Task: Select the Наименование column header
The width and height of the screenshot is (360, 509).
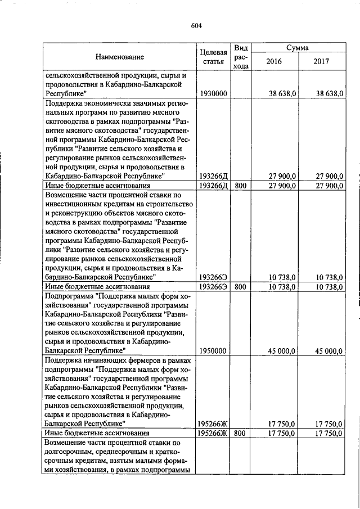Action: (x=119, y=56)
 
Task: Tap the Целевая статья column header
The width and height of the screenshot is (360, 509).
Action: (x=213, y=56)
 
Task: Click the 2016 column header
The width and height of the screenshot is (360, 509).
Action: (x=273, y=61)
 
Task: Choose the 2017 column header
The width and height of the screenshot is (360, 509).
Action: (x=321, y=61)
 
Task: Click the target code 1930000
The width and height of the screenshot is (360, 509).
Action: (x=213, y=93)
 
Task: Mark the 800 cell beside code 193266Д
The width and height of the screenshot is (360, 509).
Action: (x=240, y=185)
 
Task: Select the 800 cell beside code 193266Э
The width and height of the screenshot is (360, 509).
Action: (x=240, y=287)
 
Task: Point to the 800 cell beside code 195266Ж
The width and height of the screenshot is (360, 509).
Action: (x=240, y=433)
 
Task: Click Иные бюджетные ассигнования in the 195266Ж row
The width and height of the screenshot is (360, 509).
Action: (x=97, y=433)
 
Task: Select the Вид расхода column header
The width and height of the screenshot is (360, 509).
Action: (x=241, y=56)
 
